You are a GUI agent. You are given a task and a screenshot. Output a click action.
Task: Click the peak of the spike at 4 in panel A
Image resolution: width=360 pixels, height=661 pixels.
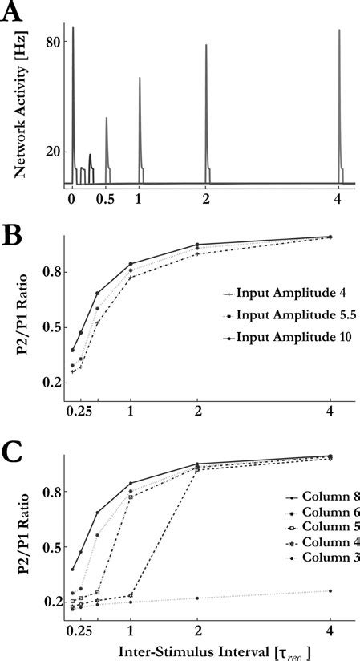pos(338,30)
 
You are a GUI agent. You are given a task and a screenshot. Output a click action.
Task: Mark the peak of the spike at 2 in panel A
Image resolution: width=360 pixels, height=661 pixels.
pos(206,45)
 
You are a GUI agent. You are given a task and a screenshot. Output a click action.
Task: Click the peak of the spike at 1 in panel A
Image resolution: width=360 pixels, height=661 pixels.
pos(140,78)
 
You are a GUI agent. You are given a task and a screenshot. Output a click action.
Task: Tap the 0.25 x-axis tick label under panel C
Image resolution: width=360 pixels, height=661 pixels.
pos(79,628)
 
